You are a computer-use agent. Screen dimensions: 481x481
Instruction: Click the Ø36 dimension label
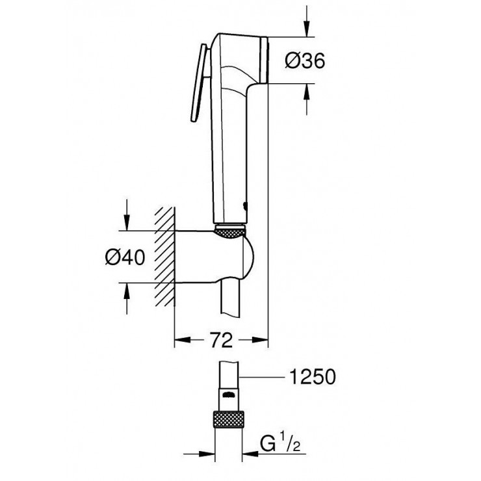tap(305, 60)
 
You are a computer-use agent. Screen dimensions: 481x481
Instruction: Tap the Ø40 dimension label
tap(125, 257)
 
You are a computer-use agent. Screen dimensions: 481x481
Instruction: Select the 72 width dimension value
tap(222, 339)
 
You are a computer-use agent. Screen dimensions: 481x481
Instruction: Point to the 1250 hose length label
tap(313, 376)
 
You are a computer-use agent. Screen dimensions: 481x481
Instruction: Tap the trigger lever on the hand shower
tap(200, 83)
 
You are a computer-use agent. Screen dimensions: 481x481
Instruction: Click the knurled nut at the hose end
tap(229, 419)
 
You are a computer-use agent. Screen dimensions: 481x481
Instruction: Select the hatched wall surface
tap(164, 257)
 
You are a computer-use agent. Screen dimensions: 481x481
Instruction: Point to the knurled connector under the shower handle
tap(231, 231)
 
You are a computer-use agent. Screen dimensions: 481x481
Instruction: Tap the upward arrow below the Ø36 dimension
tap(307, 99)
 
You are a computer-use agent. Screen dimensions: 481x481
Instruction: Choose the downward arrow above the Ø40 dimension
tap(126, 215)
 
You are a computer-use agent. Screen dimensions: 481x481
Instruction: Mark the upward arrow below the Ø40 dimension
tap(126, 298)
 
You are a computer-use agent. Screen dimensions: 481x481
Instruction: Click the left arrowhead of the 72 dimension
tap(183, 339)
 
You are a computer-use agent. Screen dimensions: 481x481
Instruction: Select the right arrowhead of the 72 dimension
tap(260, 339)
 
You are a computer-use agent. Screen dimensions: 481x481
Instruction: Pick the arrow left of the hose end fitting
tap(200, 453)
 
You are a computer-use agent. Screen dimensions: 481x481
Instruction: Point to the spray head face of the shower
tap(265, 60)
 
